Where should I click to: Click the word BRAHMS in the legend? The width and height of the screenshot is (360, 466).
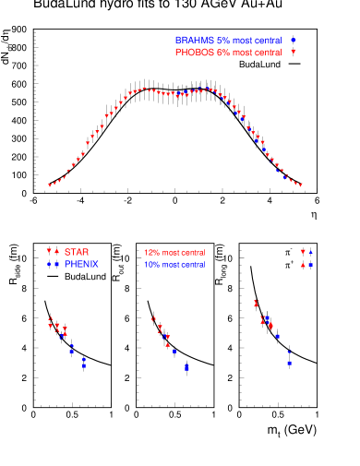(194, 41)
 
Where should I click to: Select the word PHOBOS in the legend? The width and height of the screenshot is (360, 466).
(194, 53)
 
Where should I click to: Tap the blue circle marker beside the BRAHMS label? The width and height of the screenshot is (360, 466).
(294, 41)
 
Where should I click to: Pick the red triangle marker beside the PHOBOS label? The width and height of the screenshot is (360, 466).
(294, 53)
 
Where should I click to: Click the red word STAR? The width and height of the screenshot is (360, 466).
(77, 252)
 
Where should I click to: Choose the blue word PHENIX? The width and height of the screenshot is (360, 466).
(81, 265)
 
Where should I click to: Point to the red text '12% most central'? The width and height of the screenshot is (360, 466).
(174, 253)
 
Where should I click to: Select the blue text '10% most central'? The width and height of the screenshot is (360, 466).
(174, 265)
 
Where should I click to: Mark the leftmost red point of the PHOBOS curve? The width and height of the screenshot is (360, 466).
(50, 185)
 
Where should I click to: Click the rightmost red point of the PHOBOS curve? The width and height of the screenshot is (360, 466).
(301, 185)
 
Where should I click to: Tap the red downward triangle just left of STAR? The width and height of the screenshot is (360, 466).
(49, 252)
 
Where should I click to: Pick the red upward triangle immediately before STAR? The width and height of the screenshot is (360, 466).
(56, 252)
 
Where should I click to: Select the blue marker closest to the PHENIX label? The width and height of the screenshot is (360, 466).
(56, 265)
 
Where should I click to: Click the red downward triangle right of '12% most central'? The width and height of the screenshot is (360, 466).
(303, 252)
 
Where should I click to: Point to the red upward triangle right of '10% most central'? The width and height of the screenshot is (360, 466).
(303, 265)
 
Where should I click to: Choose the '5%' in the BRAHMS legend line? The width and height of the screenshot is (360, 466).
(222, 41)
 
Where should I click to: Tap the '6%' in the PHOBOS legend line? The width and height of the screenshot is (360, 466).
(222, 53)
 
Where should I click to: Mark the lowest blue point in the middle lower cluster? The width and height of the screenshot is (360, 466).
(186, 368)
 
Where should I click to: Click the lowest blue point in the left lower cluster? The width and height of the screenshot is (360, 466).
(84, 366)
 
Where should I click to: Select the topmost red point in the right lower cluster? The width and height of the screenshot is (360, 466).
(256, 304)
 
